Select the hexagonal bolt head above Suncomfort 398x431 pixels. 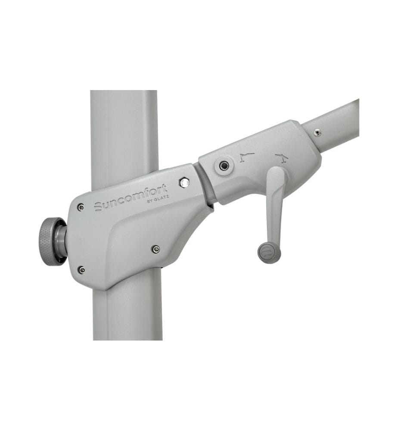point(184,182)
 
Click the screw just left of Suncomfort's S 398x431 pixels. point(81,207)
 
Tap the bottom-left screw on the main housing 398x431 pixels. point(81,270)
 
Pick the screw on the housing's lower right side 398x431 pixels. point(156,249)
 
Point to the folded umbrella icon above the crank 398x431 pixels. point(247,157)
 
